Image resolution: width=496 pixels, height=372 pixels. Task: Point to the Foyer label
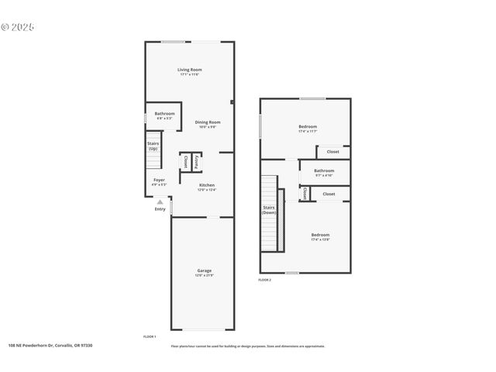pos(158,181)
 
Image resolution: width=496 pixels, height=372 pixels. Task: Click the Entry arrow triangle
pos(160,201)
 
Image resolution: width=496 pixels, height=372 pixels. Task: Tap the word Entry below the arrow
pos(160,208)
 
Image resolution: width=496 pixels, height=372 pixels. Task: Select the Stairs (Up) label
pos(153,146)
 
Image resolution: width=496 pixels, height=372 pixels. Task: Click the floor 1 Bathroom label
pos(164,115)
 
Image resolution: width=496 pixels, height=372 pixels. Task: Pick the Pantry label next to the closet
pos(198,162)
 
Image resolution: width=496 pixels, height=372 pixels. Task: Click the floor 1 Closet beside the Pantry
pos(185,162)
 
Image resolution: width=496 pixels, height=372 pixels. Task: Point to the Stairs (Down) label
pos(269,209)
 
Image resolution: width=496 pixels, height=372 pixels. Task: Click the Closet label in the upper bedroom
pos(332,152)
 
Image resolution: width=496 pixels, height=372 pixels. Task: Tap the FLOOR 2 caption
pos(265,279)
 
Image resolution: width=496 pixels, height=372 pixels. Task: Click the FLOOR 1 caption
pos(150,336)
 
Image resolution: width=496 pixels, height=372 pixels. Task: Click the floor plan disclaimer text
pos(248,346)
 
